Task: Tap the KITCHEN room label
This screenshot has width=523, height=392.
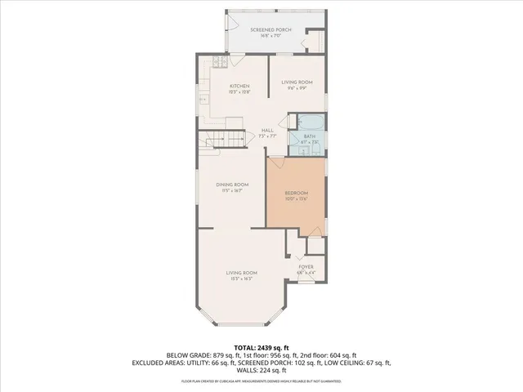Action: click(x=239, y=86)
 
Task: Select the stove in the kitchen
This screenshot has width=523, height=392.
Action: click(x=219, y=62)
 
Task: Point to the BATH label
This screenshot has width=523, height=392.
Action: click(x=310, y=137)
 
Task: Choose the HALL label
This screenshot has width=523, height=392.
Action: click(x=267, y=131)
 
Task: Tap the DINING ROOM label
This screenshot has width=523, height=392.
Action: click(x=232, y=185)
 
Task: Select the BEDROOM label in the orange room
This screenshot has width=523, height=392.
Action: click(x=296, y=194)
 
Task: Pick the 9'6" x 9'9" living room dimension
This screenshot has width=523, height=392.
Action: click(x=297, y=88)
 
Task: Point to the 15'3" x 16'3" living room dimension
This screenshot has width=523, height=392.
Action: click(x=242, y=279)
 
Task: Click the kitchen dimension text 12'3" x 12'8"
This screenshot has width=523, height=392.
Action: click(x=239, y=92)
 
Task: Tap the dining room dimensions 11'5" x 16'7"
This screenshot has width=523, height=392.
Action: click(x=232, y=191)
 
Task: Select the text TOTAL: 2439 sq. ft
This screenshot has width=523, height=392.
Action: click(x=261, y=347)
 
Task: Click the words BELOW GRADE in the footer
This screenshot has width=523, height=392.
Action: click(x=186, y=355)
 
